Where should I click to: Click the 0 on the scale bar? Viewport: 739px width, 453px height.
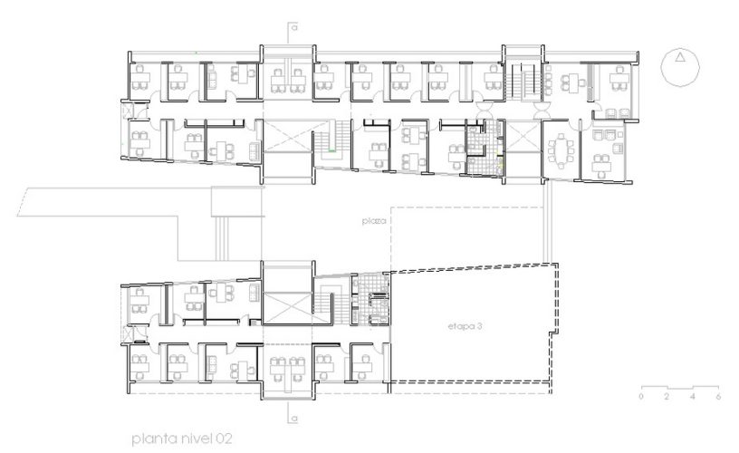tap(640, 397)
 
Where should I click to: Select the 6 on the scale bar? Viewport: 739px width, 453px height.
tap(717, 397)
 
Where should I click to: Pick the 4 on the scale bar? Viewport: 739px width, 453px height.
tap(692, 397)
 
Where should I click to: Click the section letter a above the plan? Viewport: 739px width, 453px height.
tap(295, 27)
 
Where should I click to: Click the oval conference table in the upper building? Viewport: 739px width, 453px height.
tap(567, 146)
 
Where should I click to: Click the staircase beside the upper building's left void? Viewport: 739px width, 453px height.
tap(328, 143)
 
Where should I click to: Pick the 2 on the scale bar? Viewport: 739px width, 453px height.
tap(667, 397)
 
